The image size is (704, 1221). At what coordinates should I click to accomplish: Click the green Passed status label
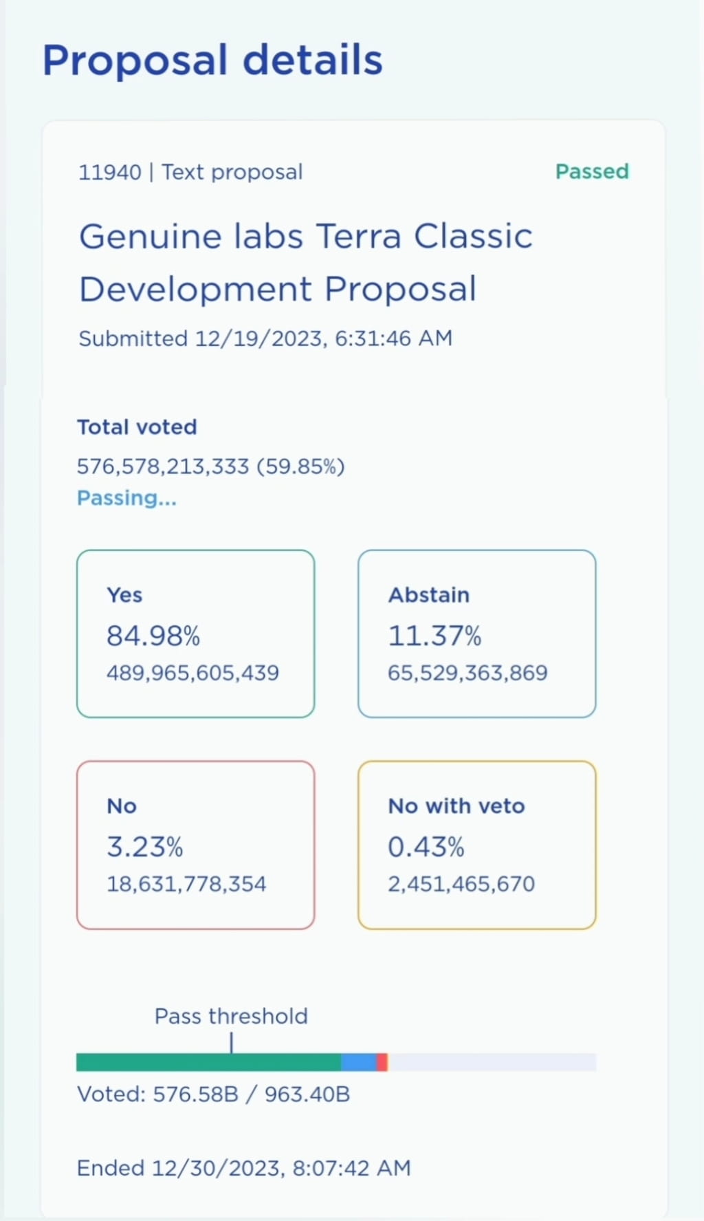[592, 171]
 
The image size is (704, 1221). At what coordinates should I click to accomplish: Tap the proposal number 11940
[109, 172]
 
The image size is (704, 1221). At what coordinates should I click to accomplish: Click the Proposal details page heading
[212, 60]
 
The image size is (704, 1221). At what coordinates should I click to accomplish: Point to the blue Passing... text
[126, 498]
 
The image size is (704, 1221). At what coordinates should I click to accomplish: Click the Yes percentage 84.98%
[153, 636]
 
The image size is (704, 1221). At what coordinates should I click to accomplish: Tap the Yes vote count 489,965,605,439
[192, 673]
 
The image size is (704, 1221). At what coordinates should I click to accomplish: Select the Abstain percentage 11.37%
[434, 636]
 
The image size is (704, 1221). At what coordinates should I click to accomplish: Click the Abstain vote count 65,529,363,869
[467, 673]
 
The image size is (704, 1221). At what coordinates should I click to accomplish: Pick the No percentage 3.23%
[144, 847]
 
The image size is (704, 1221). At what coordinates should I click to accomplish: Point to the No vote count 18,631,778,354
[186, 884]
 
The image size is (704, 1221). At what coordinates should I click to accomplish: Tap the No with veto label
[456, 806]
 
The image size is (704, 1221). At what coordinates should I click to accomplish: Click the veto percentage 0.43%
[426, 847]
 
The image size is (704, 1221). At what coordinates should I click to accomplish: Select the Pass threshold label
[231, 1016]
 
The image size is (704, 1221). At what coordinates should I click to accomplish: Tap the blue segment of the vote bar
[358, 1062]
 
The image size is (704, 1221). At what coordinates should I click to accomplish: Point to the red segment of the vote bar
[382, 1062]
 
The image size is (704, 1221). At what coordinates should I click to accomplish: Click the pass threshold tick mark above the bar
[232, 1042]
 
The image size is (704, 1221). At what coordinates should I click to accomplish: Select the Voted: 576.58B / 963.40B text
[213, 1094]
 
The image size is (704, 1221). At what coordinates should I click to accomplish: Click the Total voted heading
[137, 427]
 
